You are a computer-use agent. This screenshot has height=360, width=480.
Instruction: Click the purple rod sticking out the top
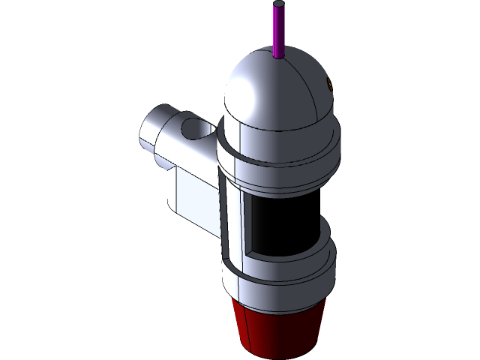(x=279, y=30)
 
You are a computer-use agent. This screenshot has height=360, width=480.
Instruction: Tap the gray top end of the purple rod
(x=279, y=4)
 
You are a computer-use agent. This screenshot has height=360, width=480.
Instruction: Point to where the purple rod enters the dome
(x=279, y=56)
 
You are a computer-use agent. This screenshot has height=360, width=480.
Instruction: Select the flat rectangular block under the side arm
(x=191, y=199)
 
